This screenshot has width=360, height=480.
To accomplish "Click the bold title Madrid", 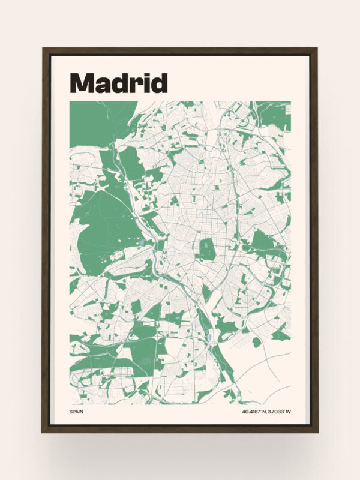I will coord(118,83).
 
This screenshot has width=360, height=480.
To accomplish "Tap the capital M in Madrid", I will coord(82,83).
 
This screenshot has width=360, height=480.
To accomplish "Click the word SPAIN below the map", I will coord(76,412).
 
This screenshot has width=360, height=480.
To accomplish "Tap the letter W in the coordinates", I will coord(288,412).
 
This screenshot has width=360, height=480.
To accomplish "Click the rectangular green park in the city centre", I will coord(207,249).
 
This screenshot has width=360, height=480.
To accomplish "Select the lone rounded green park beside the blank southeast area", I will coord(257,342).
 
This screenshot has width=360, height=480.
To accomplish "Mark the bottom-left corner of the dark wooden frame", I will coord(43,431).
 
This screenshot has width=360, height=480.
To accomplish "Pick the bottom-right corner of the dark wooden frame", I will coord(317,431).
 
